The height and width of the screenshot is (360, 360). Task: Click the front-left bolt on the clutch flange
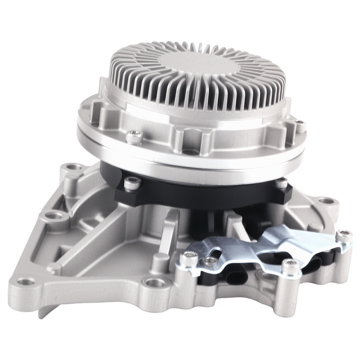point(132,136)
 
